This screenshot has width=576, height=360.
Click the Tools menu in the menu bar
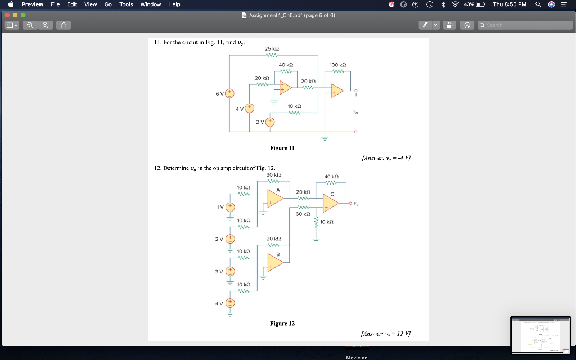click(x=126, y=4)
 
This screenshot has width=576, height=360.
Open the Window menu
click(x=150, y=4)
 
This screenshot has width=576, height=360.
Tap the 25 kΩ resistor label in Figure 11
click(x=272, y=48)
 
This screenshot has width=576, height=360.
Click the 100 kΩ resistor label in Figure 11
click(x=337, y=65)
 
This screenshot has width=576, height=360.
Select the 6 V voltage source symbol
click(x=229, y=93)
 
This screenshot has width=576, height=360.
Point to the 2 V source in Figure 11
click(x=270, y=122)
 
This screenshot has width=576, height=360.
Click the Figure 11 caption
click(x=282, y=148)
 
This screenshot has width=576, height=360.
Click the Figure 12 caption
click(x=282, y=323)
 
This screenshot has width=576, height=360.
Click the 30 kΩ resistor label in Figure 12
click(x=273, y=175)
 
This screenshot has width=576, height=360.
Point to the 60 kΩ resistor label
click(x=303, y=214)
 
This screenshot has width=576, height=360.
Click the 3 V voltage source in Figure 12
click(x=230, y=272)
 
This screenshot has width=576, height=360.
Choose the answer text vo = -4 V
click(x=385, y=157)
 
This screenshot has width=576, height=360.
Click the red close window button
click(x=7, y=15)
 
